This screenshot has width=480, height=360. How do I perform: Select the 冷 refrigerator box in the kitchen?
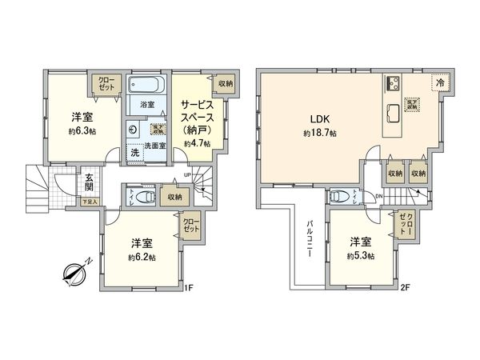point(438,81)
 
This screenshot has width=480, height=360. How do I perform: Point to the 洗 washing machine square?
point(134,152)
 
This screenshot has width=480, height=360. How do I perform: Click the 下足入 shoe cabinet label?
point(90,202)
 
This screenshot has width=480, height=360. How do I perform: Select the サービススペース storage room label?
point(196,115)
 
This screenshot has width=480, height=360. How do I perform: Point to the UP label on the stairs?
point(186,175)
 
